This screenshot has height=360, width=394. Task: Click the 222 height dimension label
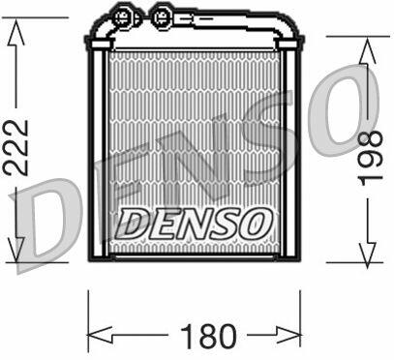[x=16, y=147]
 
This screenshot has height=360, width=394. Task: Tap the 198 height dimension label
[x=372, y=159]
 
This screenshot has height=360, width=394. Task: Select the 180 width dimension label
[x=209, y=337]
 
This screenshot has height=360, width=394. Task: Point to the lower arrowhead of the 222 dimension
[x=15, y=250]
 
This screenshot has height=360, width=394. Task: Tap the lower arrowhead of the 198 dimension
[x=368, y=255]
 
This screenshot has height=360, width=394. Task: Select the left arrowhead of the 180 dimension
[x=100, y=335]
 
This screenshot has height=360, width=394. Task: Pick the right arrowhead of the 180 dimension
[x=288, y=335]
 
